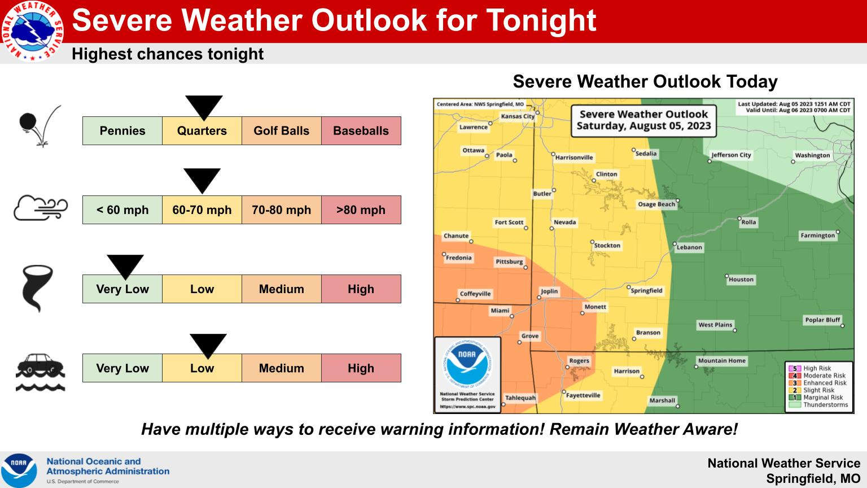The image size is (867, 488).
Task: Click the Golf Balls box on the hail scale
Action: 282,131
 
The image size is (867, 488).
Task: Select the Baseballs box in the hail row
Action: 361,131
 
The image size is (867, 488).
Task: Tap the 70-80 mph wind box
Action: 282,210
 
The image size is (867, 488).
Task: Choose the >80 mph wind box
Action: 361,210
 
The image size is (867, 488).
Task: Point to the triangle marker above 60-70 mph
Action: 202,179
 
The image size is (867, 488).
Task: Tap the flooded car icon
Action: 40,372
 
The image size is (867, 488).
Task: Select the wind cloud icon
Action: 41,208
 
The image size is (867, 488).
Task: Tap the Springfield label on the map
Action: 646,290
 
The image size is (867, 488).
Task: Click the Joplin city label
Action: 549,291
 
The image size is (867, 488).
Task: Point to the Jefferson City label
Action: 731,155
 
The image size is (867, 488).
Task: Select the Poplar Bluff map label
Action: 822,320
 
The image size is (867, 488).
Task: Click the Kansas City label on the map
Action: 518,116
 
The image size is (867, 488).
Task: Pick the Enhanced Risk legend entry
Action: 818,382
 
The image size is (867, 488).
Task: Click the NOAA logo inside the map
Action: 467,363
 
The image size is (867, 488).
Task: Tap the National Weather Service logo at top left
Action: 32,32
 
